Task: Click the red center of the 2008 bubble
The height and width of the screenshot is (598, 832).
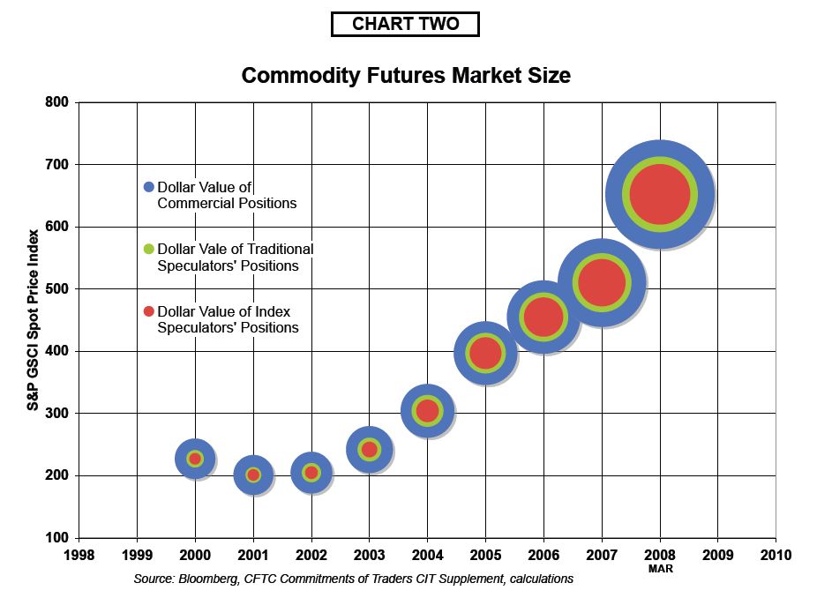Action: click(660, 195)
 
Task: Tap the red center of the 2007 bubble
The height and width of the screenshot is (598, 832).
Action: click(601, 283)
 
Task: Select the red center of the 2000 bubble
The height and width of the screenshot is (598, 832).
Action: click(195, 459)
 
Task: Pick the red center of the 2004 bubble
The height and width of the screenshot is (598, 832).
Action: click(427, 410)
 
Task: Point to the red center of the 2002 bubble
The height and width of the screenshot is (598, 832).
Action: click(311, 472)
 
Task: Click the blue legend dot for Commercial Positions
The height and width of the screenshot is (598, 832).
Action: click(149, 187)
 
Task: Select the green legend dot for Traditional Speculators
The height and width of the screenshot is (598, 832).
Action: click(149, 250)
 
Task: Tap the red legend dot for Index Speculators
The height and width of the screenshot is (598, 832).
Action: click(149, 311)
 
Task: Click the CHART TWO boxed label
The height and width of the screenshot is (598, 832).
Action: click(405, 25)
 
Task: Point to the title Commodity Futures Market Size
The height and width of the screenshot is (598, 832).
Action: click(406, 76)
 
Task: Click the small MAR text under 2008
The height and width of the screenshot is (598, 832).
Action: click(660, 569)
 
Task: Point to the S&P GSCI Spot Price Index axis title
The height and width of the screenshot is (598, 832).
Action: click(33, 320)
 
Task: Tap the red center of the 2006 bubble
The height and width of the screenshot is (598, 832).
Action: click(543, 317)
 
